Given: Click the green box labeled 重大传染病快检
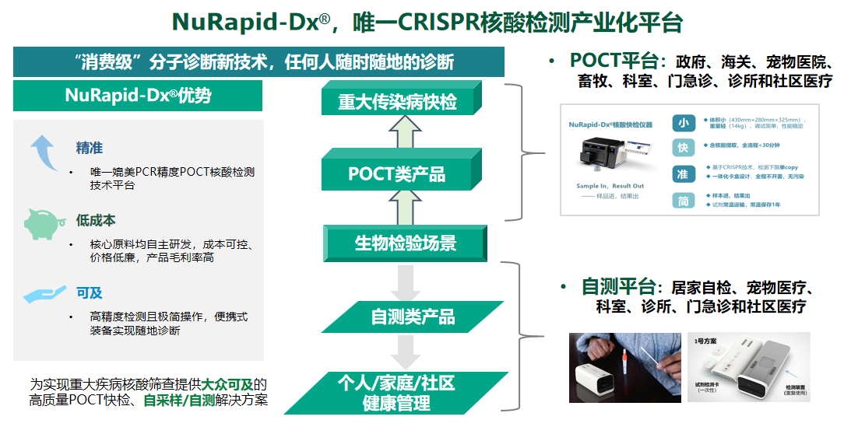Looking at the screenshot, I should [x=397, y=101].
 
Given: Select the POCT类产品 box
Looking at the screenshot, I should [x=397, y=173].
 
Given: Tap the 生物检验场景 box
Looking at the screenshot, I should [x=406, y=243].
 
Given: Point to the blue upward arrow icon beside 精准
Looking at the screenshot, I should [x=44, y=152].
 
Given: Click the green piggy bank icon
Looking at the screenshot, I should [x=44, y=223].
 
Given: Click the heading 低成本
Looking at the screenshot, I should [x=96, y=221].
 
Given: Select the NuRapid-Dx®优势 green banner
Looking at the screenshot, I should [x=138, y=96].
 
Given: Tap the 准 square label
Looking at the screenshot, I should [x=683, y=174].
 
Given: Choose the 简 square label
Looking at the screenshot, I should [x=683, y=201].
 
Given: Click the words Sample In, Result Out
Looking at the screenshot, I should [x=610, y=187].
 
